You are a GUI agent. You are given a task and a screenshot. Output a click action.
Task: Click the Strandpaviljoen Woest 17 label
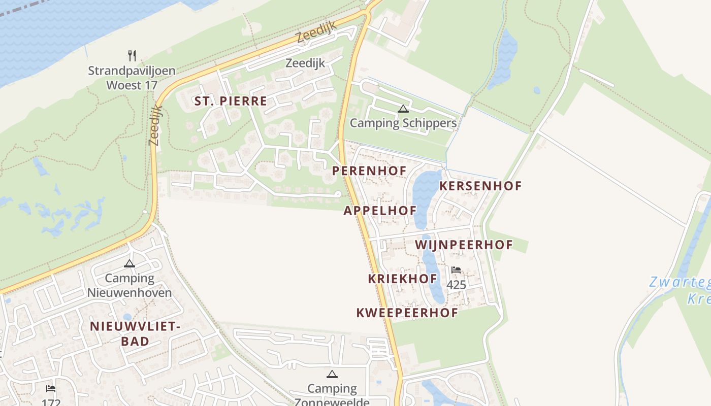[x=132, y=78]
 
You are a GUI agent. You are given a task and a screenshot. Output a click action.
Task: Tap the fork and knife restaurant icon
[x=132, y=55]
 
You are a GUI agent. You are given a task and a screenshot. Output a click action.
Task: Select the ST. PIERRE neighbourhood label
[x=231, y=101]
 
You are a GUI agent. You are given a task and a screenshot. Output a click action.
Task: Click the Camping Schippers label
[x=403, y=123]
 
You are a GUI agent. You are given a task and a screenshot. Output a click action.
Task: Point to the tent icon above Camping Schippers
[x=403, y=109]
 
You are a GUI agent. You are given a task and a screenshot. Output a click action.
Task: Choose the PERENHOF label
[x=369, y=171]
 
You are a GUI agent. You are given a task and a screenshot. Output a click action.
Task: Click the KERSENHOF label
[x=480, y=186]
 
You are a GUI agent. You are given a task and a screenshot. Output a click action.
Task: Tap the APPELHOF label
[x=380, y=211]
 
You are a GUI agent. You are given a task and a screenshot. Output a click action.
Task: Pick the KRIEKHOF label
[x=403, y=279]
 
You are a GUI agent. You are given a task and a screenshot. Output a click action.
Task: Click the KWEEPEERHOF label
[x=407, y=313]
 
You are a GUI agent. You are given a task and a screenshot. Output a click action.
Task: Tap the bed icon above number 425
[x=456, y=270]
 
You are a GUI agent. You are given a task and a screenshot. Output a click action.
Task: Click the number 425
[x=456, y=285]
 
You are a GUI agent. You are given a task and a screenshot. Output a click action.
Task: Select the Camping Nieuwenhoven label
[x=130, y=285]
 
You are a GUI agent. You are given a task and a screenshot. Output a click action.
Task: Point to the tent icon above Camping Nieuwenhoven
[x=130, y=263]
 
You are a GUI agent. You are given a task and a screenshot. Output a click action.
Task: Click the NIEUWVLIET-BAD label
[x=135, y=333]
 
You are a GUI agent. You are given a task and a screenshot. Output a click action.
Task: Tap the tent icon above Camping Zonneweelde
[x=332, y=375]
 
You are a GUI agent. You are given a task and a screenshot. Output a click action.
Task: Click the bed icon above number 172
[x=51, y=389]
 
